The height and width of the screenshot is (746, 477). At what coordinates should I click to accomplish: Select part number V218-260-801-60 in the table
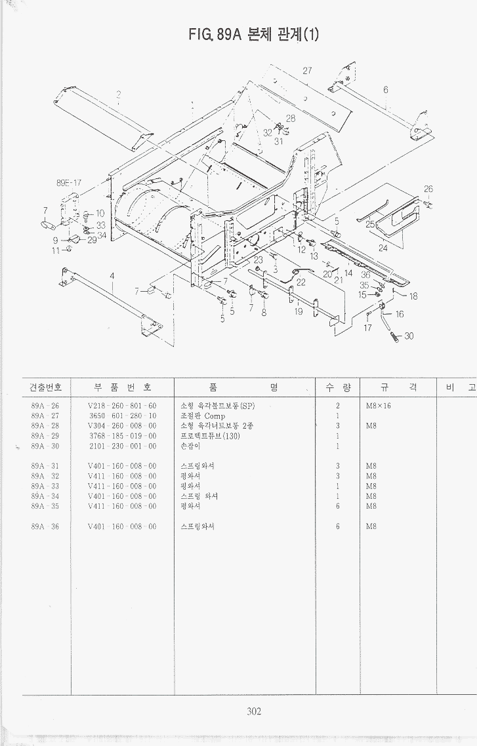click(122, 406)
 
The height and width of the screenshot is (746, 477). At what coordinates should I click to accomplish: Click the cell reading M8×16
click(379, 406)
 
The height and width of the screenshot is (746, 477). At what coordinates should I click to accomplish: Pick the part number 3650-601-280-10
click(122, 416)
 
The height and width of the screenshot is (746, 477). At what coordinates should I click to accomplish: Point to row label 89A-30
click(45, 446)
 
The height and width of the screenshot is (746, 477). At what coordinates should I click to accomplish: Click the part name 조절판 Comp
click(203, 416)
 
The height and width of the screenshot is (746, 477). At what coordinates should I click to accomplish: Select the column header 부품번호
click(122, 387)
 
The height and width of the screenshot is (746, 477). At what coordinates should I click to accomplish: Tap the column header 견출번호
click(45, 387)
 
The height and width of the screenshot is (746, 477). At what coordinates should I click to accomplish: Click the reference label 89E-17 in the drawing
click(68, 183)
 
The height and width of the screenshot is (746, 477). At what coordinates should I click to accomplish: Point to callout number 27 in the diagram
click(307, 71)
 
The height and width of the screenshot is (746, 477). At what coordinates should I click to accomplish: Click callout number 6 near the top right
click(386, 90)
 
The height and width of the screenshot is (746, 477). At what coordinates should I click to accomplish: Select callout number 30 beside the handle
click(409, 336)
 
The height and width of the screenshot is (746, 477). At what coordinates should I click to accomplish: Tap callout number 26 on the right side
click(428, 189)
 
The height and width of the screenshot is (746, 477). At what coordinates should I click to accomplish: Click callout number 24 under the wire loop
click(383, 248)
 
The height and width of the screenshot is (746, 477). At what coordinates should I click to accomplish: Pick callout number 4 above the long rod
click(112, 275)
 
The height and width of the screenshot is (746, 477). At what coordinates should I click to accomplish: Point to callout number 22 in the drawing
click(301, 283)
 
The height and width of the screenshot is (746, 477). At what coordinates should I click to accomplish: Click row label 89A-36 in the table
click(45, 526)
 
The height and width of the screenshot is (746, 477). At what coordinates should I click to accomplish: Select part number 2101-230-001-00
click(122, 446)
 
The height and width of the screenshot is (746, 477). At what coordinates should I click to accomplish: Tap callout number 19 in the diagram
click(299, 312)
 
